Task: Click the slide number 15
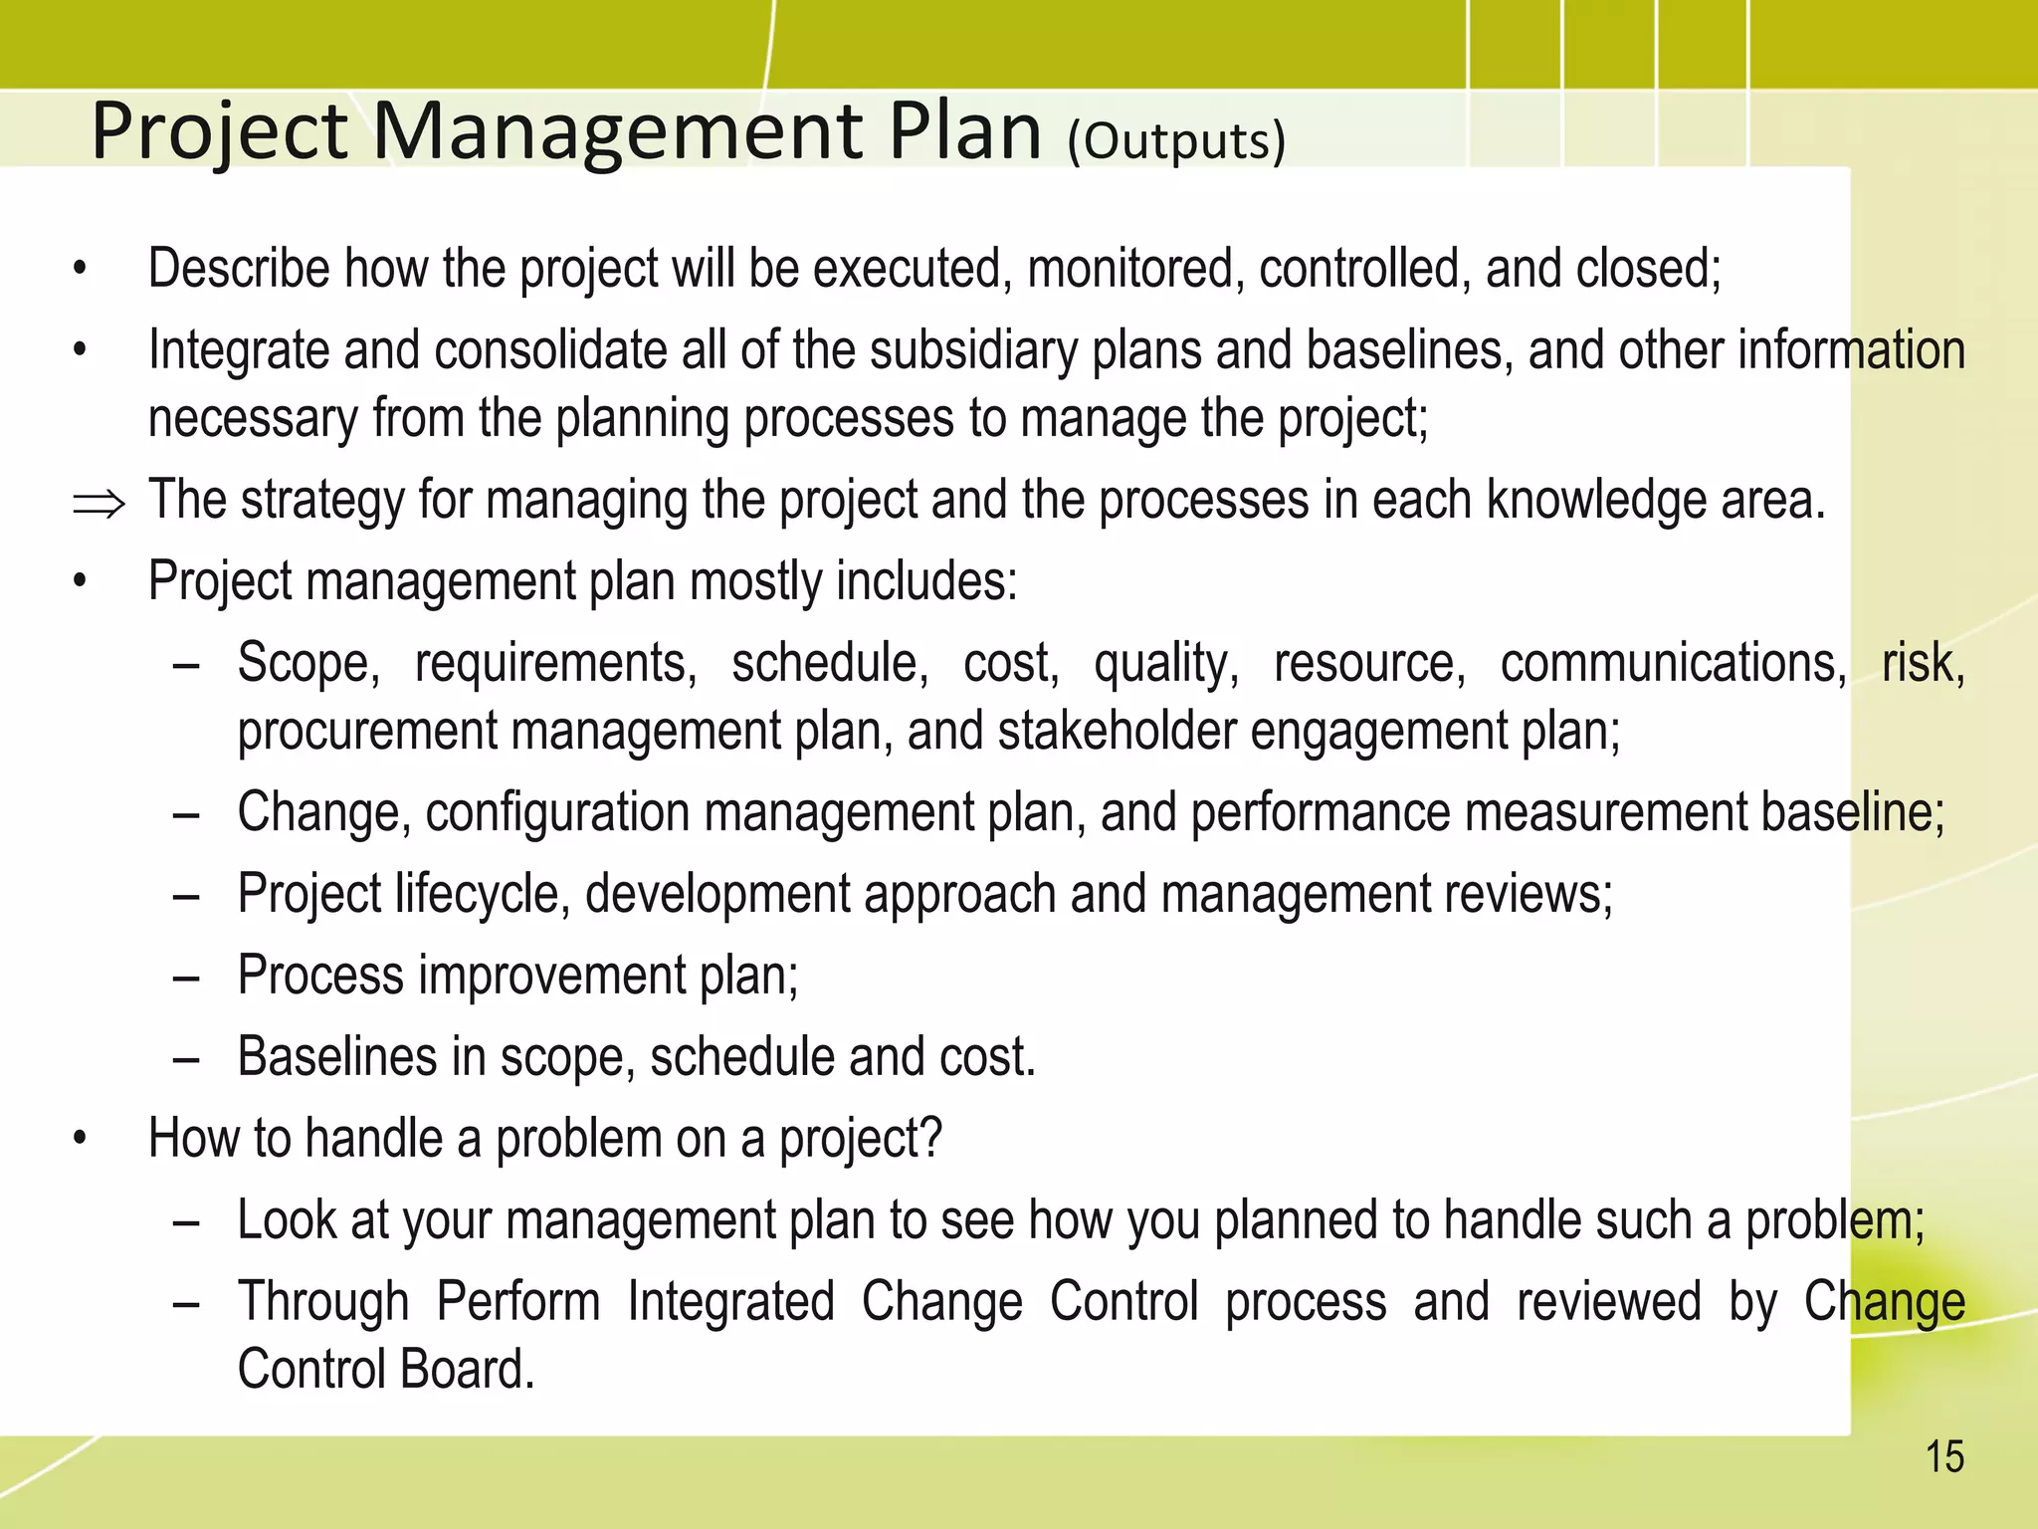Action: [1944, 1457]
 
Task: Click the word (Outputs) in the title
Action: [1176, 141]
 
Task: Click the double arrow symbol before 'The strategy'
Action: [99, 504]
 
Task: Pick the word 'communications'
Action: [1673, 663]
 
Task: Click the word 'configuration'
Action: [557, 812]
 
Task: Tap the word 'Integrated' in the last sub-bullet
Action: [730, 1302]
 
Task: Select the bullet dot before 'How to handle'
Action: [81, 1140]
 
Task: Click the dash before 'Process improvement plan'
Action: [186, 977]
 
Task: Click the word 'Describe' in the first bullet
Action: [239, 269]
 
